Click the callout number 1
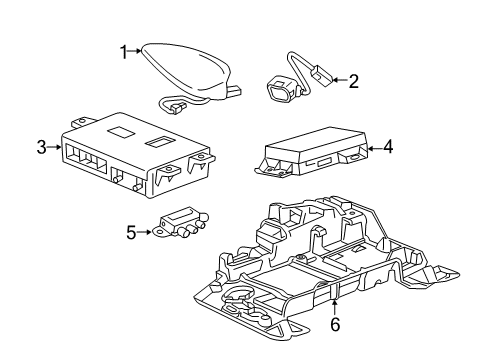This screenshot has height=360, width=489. pos(124,51)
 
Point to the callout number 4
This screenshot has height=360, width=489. pos(387,147)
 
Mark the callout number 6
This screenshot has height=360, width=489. pos(335,324)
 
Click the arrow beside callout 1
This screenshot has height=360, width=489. pos(137,51)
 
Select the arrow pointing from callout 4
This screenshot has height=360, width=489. pos(372,147)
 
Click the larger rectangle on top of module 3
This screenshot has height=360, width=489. pos(119,132)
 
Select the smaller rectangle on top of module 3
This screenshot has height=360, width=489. pos(158,144)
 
